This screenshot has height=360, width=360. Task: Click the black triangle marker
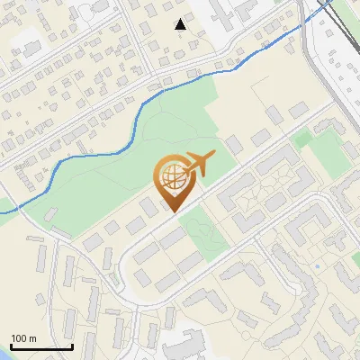[x=181, y=24]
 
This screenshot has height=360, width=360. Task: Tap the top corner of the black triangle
[x=181, y=19]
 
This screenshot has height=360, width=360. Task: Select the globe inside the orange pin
[x=173, y=176]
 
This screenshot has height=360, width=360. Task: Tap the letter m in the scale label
[x=32, y=338]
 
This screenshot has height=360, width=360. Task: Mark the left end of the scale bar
[x=11, y=346]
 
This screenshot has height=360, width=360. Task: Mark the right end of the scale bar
[x=72, y=346]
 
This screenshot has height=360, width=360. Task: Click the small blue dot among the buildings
[x=318, y=267]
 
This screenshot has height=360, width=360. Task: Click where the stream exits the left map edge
[x=1, y=211]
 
